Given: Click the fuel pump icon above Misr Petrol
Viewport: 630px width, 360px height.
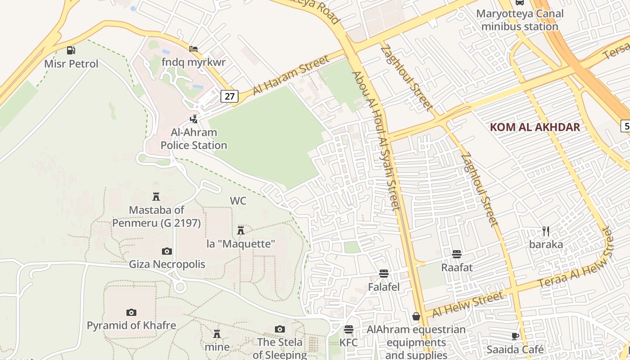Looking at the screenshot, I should coord(71,50).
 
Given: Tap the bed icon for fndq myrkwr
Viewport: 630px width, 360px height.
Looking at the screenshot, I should coord(193,49).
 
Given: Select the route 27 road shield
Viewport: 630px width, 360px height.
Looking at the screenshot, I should coord(229,96).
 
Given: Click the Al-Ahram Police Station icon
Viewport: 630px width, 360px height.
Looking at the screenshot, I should coord(193,119).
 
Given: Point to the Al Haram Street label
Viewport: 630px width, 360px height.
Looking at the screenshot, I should coord(291,75).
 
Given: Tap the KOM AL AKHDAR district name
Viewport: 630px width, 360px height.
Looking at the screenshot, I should coord(535,127).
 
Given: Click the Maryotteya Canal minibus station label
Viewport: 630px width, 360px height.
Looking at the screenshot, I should coord(520,20).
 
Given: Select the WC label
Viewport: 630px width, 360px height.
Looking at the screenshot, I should coord(238,201).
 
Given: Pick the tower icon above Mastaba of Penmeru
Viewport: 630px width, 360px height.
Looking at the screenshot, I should coord(156,197).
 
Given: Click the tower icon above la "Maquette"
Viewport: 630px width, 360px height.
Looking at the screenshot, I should coord(241,230).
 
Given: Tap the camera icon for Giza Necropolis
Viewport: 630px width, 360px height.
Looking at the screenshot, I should coord(167,251).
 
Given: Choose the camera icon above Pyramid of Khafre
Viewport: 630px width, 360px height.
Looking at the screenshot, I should coord(131,312).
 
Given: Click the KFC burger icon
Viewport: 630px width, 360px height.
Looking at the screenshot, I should coord(349,329).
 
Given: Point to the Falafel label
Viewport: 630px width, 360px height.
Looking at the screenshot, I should coord(384,287).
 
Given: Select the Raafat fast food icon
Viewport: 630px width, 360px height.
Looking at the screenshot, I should coord(457,254).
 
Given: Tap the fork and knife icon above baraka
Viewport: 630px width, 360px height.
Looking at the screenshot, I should coord(546,231).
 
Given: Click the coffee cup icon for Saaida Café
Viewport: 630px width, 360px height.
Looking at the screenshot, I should coord(515,336).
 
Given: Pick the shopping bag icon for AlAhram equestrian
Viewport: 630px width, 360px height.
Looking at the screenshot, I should coord(416,316).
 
